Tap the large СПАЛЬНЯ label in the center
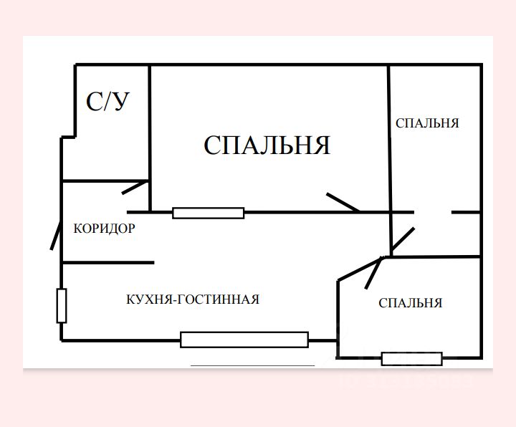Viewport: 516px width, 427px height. [267, 145]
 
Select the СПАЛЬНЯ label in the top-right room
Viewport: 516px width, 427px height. [427, 123]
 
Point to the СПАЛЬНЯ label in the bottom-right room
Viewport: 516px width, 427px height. [410, 303]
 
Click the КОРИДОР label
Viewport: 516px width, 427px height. [105, 229]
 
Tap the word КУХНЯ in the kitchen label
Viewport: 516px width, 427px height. [147, 299]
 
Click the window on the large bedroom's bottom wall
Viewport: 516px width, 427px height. [209, 212]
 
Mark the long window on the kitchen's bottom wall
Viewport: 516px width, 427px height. [244, 340]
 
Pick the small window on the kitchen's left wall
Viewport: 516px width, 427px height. [62, 306]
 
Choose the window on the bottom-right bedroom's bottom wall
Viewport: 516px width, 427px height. [411, 358]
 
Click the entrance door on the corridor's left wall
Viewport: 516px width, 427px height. [55, 234]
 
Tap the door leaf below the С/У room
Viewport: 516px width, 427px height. [135, 187]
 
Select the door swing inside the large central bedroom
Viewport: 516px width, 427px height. [342, 203]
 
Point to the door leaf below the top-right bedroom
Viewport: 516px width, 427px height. [402, 241]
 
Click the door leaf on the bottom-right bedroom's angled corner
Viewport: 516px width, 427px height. [373, 273]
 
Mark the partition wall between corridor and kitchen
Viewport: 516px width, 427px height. [107, 263]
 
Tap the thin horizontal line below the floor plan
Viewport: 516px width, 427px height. [252, 366]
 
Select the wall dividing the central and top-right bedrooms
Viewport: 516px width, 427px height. [389, 136]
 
